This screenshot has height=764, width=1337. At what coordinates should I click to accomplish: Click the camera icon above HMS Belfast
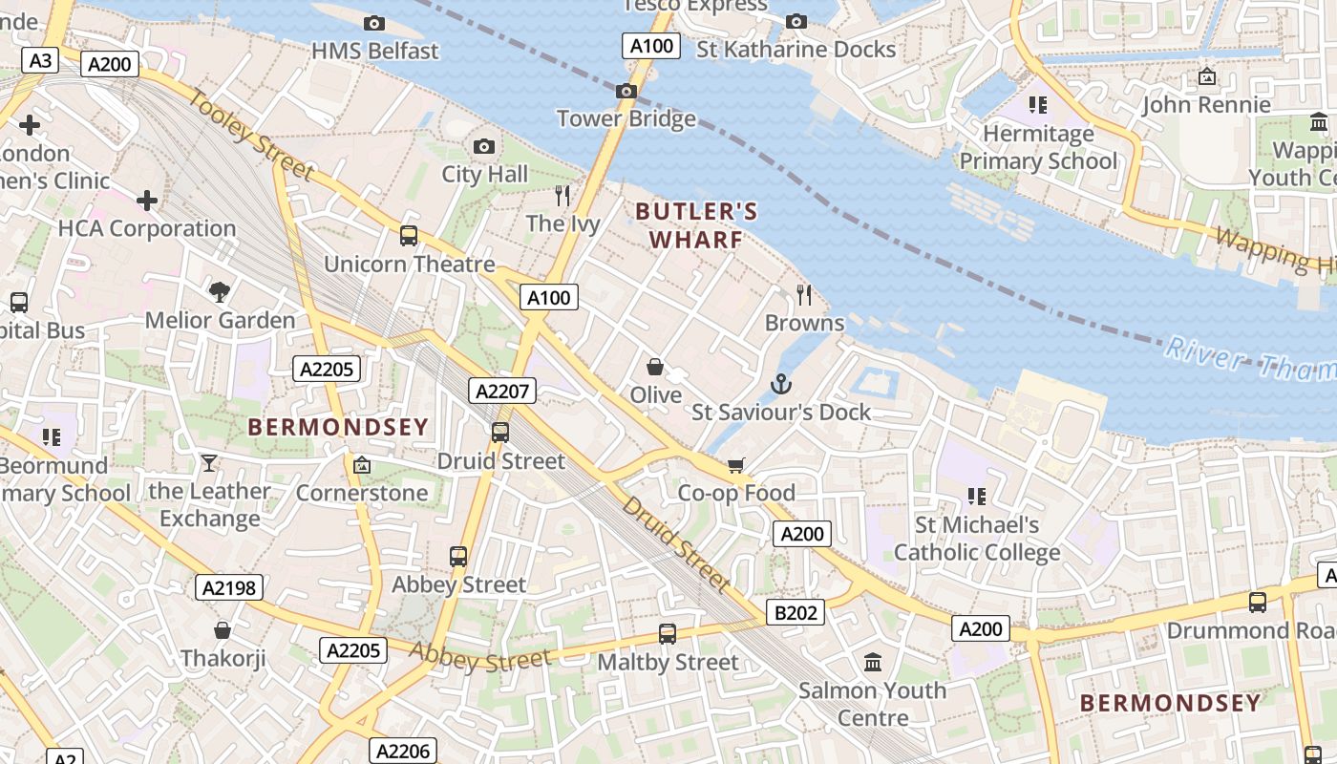pos(374,23)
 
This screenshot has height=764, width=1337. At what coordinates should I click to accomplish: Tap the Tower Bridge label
pos(626,118)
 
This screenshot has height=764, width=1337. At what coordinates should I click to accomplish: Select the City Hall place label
pos(484,174)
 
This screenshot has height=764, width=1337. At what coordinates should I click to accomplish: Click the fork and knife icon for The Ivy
pos(562,196)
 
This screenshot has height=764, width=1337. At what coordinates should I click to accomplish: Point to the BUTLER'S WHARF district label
pos(696,225)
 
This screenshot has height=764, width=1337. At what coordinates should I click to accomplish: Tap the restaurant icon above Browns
pos(804,295)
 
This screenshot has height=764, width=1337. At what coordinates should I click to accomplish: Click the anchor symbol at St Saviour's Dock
pos(781,384)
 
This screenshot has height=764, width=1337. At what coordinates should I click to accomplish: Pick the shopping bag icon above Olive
pos(655,367)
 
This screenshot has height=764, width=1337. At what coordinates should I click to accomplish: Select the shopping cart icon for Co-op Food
pos(735,465)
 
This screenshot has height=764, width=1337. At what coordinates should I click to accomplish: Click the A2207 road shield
pos(503,390)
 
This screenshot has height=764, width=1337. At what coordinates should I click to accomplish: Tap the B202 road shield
pos(795,612)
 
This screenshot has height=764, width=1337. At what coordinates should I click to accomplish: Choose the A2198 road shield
pos(230,587)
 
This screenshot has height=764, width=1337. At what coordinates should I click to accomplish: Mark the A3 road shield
pos(40,61)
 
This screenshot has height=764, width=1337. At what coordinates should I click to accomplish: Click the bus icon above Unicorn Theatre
pos(409,235)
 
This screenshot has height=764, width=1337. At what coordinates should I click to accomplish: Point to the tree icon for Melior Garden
pos(220,291)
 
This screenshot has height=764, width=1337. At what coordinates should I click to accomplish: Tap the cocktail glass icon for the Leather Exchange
pos(209,463)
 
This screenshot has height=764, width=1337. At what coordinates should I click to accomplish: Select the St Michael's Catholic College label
pos(977,539)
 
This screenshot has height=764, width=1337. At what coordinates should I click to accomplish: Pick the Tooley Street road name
pos(251,135)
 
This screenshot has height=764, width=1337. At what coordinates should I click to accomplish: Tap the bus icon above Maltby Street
pos(668,633)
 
